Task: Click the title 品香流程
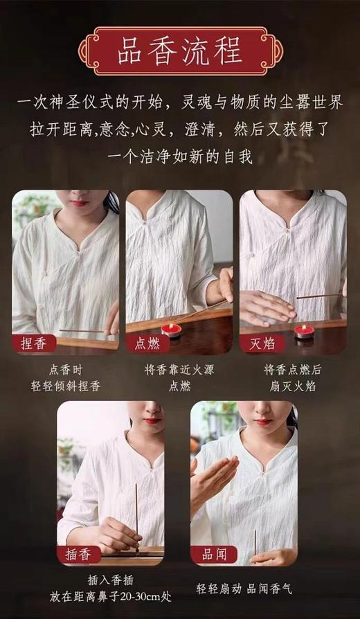coord(179,52)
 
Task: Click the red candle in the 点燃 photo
coord(171,330)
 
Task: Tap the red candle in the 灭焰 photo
coord(303,331)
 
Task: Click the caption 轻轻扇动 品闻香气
coord(244,589)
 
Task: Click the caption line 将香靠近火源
coord(179,370)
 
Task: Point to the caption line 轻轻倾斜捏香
coord(66,386)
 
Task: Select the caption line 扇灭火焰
coord(293,386)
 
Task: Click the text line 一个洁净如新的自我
coord(179,157)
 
